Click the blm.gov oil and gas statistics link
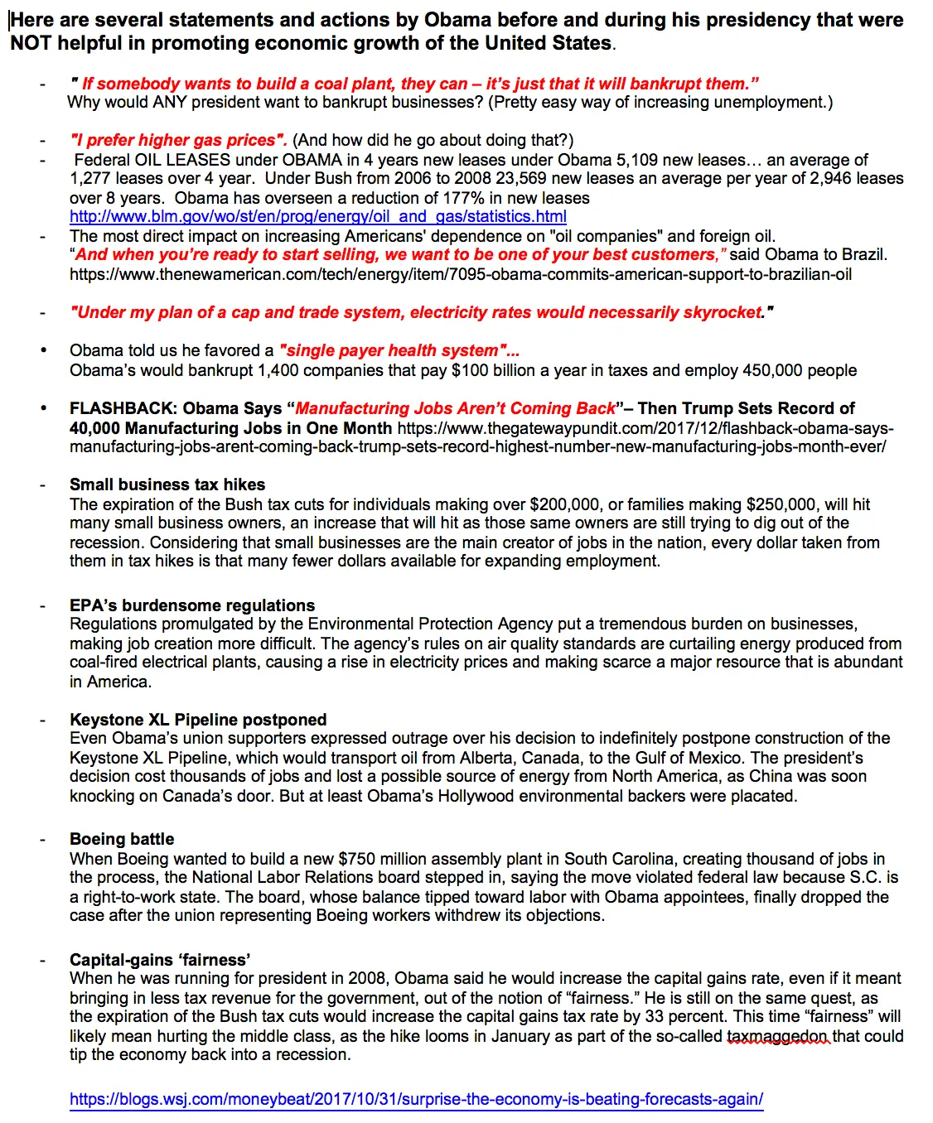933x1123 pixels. [317, 217]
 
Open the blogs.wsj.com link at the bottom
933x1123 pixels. [416, 1100]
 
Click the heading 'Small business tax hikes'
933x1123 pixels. [167, 484]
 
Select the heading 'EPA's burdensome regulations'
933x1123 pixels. [192, 605]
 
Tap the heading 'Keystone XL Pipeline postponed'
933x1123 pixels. [198, 720]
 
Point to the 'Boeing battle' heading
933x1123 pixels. [122, 839]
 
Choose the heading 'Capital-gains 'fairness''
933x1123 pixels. [160, 960]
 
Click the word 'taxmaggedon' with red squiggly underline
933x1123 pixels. [777, 1036]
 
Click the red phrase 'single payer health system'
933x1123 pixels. [397, 351]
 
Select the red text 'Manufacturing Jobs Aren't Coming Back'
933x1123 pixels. [455, 409]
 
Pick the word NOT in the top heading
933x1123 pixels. [31, 43]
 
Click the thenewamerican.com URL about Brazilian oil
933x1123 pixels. [460, 274]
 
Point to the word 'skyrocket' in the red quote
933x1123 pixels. [722, 312]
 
